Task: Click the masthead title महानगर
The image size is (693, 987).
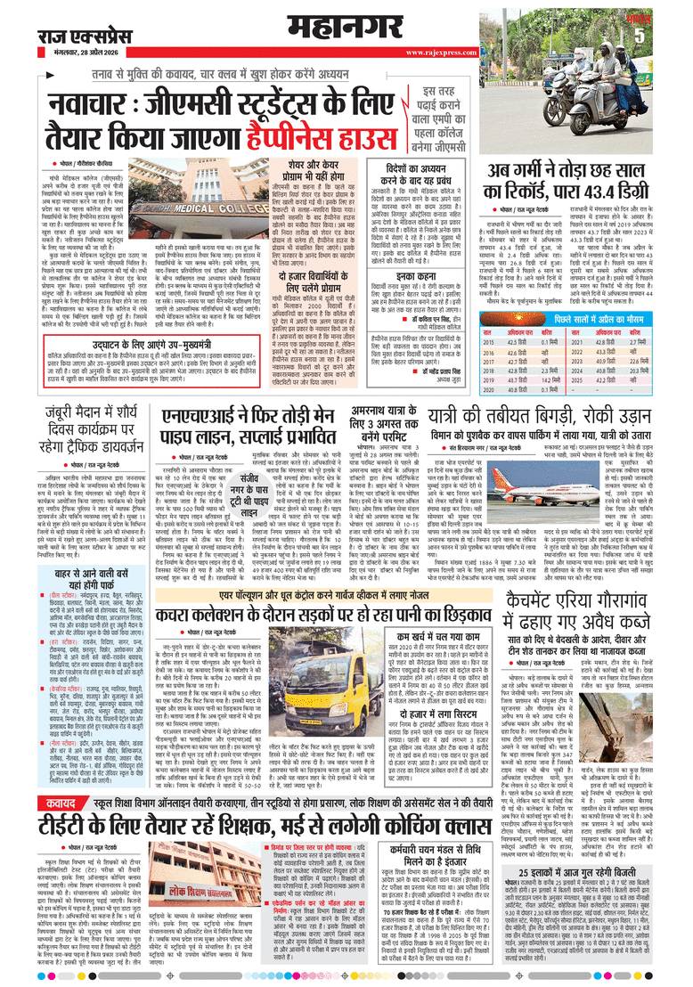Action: click(346, 24)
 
